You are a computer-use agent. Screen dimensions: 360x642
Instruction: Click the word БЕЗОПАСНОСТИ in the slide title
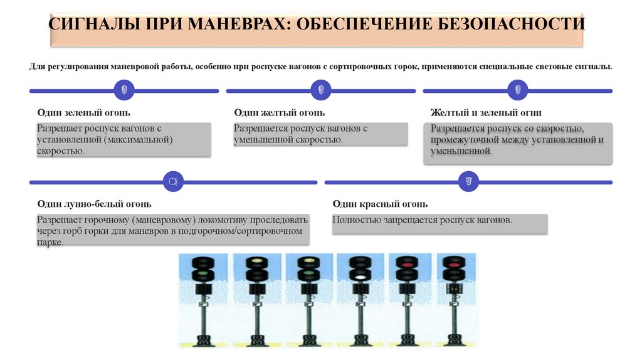(x=509, y=24)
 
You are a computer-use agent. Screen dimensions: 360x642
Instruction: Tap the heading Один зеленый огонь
(x=83, y=113)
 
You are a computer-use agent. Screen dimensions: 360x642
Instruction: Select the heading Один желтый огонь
(x=279, y=113)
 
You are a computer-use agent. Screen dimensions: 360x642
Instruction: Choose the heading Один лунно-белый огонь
(x=94, y=204)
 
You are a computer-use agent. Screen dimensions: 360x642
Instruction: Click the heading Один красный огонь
(x=380, y=204)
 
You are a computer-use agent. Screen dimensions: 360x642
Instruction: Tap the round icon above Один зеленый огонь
(x=124, y=90)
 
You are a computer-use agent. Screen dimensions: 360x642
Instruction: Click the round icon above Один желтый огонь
(x=320, y=90)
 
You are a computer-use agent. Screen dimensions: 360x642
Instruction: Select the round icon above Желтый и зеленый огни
(x=517, y=90)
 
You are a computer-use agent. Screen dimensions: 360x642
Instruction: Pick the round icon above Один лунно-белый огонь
(x=172, y=182)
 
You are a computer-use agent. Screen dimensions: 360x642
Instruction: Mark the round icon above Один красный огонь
(x=468, y=182)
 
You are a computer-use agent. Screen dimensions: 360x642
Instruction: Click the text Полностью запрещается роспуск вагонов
(x=423, y=220)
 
